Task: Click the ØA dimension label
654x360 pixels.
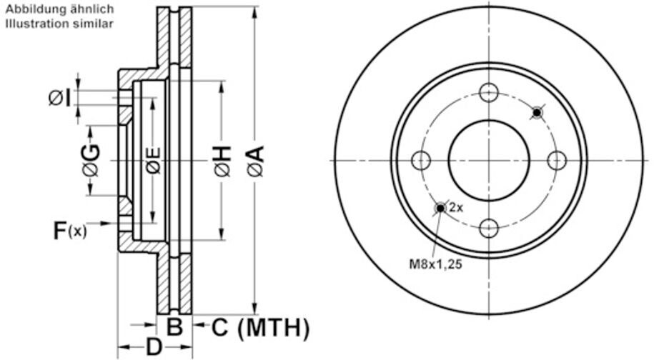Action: (x=255, y=161)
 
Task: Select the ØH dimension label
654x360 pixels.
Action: (x=222, y=161)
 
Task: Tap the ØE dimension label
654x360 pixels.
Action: (x=153, y=161)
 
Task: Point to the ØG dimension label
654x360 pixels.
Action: (x=91, y=161)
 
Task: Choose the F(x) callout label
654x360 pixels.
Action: (x=69, y=230)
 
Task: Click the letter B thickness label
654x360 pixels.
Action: (x=174, y=328)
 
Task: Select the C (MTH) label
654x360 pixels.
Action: (x=261, y=328)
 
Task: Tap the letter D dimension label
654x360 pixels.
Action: (x=154, y=348)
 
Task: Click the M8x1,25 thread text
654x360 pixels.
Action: (x=436, y=264)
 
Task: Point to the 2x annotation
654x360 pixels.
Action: (x=456, y=209)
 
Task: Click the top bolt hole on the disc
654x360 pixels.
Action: (x=489, y=92)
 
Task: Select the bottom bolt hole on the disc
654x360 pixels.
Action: (x=489, y=229)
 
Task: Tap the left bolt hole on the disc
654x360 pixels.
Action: (x=422, y=160)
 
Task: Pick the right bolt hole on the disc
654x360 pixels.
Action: (x=558, y=160)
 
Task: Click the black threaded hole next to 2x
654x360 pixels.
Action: (x=440, y=208)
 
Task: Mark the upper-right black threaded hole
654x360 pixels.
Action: (x=537, y=112)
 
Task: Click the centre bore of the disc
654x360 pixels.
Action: (x=489, y=160)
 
